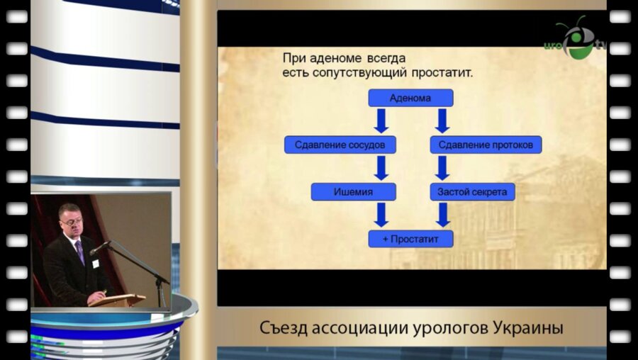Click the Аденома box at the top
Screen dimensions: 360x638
click(x=410, y=98)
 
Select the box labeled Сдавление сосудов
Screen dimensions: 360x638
click(x=340, y=145)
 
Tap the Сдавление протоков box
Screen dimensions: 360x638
click(x=486, y=145)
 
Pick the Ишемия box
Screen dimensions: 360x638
click(x=353, y=192)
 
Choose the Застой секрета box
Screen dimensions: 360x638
click(x=472, y=192)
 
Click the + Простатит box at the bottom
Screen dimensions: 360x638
click(x=410, y=240)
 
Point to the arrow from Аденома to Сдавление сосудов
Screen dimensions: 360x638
click(x=381, y=121)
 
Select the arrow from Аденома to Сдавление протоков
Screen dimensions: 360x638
click(x=442, y=121)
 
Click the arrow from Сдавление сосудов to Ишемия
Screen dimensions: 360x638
click(x=381, y=169)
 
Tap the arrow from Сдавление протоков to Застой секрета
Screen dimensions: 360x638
click(x=442, y=169)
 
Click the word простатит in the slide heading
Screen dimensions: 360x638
click(x=442, y=72)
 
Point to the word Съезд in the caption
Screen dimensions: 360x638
click(x=284, y=329)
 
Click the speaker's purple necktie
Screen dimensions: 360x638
click(x=80, y=251)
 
